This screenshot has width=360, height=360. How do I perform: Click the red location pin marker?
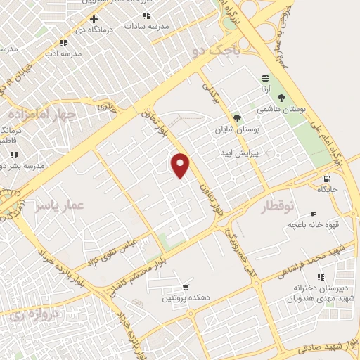coord(181,165)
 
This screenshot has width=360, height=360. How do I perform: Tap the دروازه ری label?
coord(25,317)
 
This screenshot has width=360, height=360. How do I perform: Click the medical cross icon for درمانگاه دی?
coord(94,19)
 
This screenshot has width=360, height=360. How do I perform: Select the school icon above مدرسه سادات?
coord(146,15)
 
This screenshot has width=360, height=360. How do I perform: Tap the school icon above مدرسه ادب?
coord(63,43)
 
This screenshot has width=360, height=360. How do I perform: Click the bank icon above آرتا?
coord(265,78)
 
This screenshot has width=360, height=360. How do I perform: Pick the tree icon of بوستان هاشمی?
coord(282,98)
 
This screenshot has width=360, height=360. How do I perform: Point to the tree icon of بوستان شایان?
coord(236,118)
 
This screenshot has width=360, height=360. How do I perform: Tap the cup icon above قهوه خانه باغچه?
coord(313,213)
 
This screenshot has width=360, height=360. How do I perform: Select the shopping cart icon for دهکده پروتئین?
coord(185,287)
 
